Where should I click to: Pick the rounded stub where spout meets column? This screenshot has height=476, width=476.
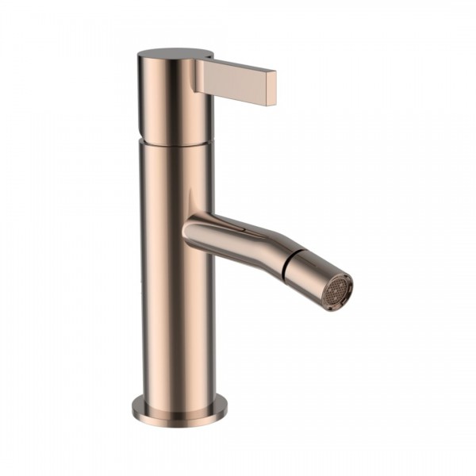point(195,231)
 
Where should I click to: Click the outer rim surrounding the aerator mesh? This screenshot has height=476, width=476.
point(349,278)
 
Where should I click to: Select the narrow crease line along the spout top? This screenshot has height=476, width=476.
point(246,226)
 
